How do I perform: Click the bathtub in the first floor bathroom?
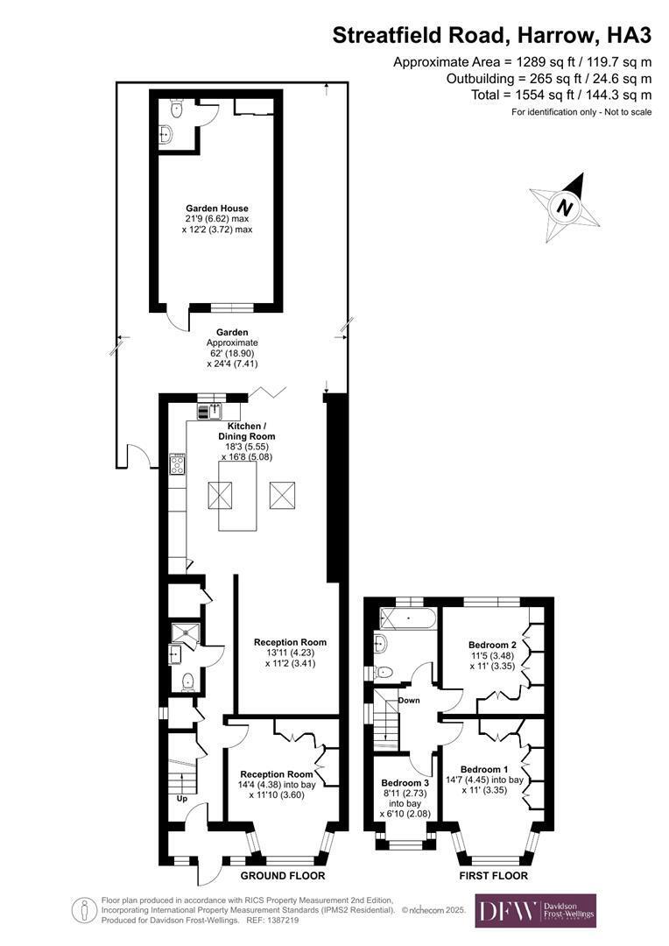[x=406, y=619]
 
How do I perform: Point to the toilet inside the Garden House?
[x=176, y=109]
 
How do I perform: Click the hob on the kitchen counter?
[x=178, y=464]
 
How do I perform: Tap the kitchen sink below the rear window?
[x=210, y=412]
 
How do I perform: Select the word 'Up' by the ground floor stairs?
[x=181, y=799]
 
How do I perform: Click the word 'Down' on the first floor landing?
[x=409, y=701]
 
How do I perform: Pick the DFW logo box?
[x=536, y=910]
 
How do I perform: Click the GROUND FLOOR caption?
[x=283, y=876]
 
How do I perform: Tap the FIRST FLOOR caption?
[x=494, y=876]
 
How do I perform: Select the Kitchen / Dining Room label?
[x=247, y=431]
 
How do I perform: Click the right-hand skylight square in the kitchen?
[x=282, y=496]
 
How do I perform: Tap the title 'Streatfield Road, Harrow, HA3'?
[x=491, y=36]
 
